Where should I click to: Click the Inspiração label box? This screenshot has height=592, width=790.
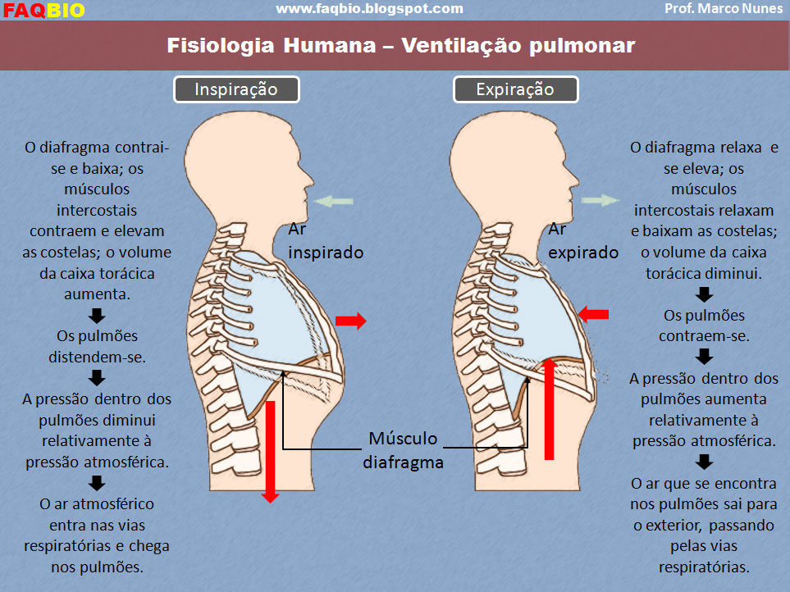point(235,89)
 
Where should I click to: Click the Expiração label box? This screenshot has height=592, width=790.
point(515,89)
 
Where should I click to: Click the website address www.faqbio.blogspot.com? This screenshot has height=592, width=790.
point(369,9)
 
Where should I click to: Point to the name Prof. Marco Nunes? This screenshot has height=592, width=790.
point(724,9)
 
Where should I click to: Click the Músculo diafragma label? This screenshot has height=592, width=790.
point(403,450)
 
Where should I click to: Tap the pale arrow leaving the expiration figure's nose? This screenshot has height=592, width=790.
point(600,200)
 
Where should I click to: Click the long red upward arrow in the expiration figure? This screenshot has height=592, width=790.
point(549,408)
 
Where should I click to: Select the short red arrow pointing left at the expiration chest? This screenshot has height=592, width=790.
point(593,313)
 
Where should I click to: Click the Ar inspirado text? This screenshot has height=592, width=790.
point(325,242)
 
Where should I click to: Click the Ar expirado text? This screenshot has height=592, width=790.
point(582,242)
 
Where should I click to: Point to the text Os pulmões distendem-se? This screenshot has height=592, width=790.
point(97,346)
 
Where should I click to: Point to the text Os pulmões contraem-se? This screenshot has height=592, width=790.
point(704,326)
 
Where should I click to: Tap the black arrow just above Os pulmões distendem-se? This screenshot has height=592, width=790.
point(97,316)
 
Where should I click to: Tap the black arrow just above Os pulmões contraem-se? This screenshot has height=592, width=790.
point(704,294)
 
